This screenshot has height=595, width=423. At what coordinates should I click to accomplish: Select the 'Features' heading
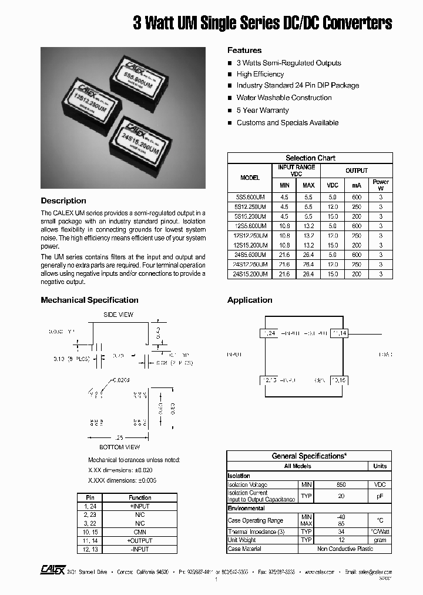point(244,51)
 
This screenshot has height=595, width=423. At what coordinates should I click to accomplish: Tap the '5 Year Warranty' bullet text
point(263,111)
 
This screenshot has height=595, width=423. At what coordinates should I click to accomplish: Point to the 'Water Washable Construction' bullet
point(284,98)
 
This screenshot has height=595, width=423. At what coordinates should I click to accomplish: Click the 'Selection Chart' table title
point(310,158)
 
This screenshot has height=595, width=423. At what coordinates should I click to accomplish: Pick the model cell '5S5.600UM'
point(250,198)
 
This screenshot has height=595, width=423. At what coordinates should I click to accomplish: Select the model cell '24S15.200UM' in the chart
point(250,274)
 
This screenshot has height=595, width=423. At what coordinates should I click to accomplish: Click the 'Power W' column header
point(381,185)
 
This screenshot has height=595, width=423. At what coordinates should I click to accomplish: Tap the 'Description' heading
point(63,201)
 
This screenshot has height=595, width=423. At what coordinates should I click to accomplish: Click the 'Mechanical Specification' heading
point(89,300)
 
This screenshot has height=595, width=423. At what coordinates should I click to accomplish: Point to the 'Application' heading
point(250,300)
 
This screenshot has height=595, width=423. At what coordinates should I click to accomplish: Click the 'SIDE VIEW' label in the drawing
point(118,315)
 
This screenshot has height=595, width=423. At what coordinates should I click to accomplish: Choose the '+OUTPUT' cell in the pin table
point(140,540)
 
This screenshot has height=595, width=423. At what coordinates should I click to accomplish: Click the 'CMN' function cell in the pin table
point(140,532)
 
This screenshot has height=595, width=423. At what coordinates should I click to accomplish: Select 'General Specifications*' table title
point(308,456)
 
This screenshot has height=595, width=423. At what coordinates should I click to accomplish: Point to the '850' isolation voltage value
point(341,484)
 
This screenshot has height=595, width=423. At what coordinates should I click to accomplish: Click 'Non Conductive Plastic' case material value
point(344,549)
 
